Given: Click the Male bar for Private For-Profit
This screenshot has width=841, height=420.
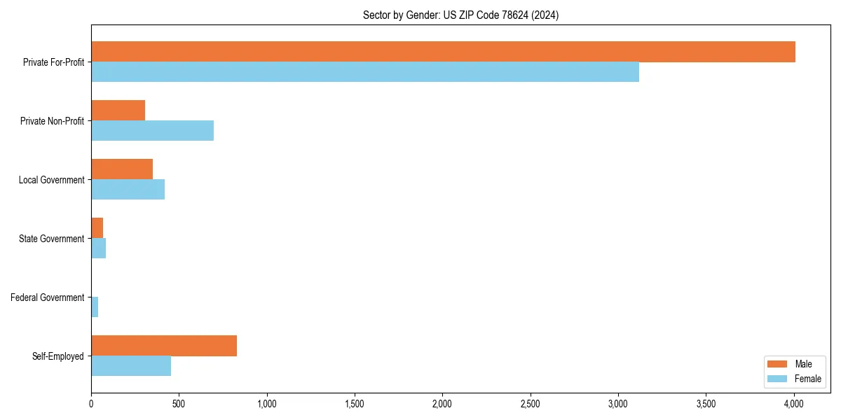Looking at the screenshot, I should [443, 52].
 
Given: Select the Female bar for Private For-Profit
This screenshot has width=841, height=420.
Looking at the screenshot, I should [365, 72].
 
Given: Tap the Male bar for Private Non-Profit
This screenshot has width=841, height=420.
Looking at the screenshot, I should [118, 111].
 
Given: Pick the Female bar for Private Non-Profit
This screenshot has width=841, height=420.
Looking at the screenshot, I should [152, 131].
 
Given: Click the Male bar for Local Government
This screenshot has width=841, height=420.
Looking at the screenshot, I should [122, 169].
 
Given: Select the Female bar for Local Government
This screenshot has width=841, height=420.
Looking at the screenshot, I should [128, 190].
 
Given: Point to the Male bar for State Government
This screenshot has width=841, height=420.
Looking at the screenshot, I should [97, 228].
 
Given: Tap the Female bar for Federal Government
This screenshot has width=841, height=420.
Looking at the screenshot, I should [95, 307].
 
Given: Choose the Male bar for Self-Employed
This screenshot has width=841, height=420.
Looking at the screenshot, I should [164, 346].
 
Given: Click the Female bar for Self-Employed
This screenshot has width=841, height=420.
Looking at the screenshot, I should [131, 366].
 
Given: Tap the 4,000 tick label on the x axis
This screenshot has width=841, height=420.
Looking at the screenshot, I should [794, 404].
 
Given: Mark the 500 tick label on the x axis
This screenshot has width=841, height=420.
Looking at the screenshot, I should [179, 404].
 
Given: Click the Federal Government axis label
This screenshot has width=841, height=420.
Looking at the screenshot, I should [48, 297].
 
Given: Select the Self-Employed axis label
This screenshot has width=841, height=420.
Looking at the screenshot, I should [58, 356].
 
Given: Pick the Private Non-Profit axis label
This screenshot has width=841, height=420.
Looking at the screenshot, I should [52, 121].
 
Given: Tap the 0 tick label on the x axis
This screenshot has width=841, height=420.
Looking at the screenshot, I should [91, 404].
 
